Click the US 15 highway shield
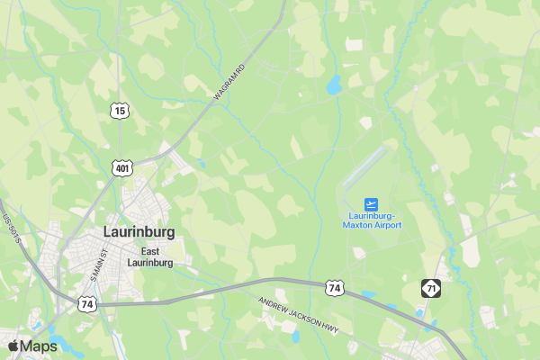pos(121,111)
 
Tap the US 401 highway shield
pos(121,167)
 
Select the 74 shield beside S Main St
pos(87,304)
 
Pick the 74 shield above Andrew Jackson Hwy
pos(335,288)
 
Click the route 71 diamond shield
pos(431,288)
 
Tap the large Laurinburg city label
pos(139,231)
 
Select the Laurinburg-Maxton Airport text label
pos(372,220)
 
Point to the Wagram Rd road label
pos(229,82)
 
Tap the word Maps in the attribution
pos(39,346)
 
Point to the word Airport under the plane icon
pos(388,225)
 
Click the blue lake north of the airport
pos(334,85)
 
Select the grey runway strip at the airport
pos(365,167)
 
